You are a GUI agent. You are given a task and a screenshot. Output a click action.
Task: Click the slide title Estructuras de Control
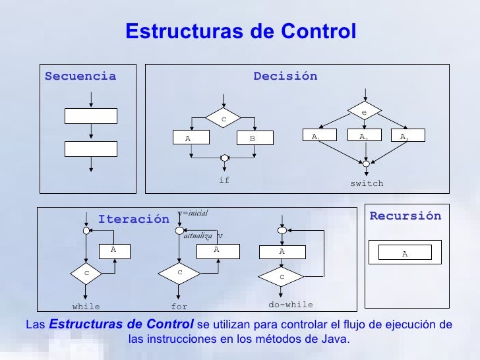(x=240, y=32)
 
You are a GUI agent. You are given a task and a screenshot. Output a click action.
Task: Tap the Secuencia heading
(x=80, y=76)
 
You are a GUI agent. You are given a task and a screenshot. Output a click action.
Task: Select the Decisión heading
(x=285, y=76)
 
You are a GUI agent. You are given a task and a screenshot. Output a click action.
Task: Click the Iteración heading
(x=133, y=220)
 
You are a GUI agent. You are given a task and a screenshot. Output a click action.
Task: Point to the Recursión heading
(x=405, y=216)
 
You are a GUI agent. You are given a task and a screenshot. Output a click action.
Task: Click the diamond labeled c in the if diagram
(x=224, y=119)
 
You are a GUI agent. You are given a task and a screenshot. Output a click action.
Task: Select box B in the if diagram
(x=252, y=138)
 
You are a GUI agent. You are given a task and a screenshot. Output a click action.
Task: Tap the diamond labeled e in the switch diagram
(x=363, y=113)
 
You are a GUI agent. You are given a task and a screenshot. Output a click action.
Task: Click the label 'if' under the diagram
(x=224, y=180)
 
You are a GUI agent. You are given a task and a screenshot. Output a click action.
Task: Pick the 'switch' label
(x=366, y=183)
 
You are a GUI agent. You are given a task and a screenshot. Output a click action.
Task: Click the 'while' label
(x=86, y=307)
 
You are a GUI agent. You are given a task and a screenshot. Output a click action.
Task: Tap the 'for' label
(x=179, y=307)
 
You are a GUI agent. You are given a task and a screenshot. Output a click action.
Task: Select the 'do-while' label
(x=291, y=305)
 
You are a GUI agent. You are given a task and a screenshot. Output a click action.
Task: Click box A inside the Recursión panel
(x=405, y=253)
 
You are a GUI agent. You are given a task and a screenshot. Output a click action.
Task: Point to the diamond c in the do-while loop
(x=282, y=276)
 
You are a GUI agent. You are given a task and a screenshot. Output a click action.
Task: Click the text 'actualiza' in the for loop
(x=198, y=235)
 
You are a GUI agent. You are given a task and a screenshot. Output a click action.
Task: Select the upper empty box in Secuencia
(x=90, y=116)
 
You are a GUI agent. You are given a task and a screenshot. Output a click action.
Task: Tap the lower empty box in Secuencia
(x=90, y=148)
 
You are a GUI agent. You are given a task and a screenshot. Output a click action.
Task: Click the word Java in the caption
(x=335, y=340)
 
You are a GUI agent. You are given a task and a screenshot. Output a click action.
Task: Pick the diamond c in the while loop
(x=86, y=272)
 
